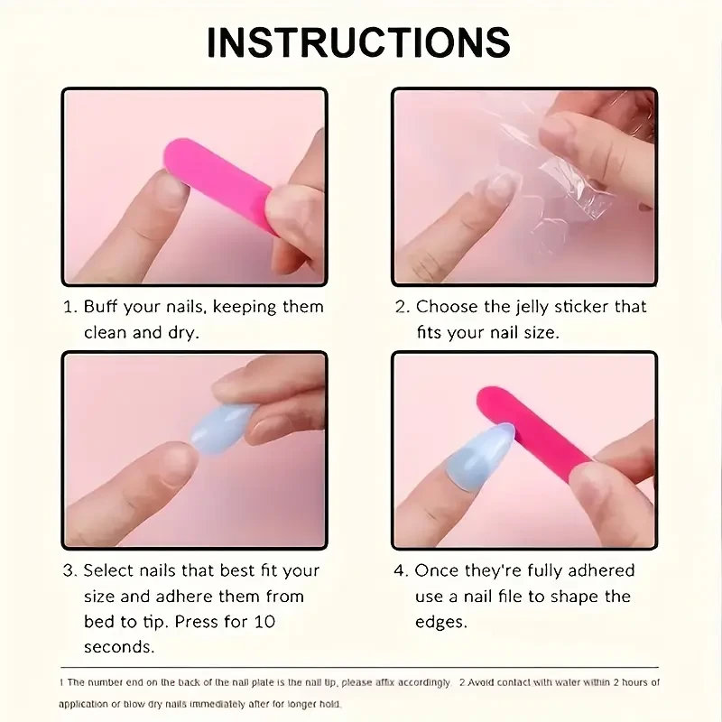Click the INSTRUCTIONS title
coord(358,42)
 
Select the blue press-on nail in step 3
coord(222,428)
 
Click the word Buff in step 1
coord(100,307)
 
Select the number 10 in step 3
coord(264,622)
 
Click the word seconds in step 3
coord(119,647)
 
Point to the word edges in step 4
coord(440,623)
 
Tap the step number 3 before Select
coord(69,571)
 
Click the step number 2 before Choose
coord(402,307)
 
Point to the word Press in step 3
coord(197,622)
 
